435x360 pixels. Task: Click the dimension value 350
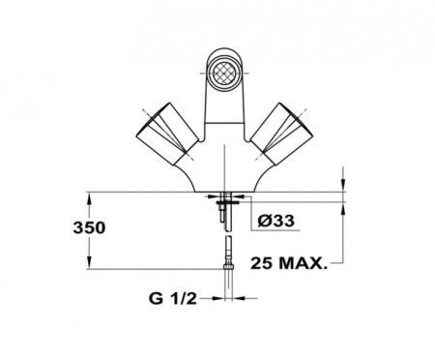[89, 227]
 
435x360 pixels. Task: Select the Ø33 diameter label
[275, 221]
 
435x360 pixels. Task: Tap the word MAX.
[303, 263]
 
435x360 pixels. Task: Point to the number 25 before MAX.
[262, 263]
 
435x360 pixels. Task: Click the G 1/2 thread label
[172, 299]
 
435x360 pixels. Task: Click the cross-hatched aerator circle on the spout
[222, 73]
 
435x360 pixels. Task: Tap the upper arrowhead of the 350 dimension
[89, 198]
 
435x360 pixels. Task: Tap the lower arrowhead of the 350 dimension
[89, 262]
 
